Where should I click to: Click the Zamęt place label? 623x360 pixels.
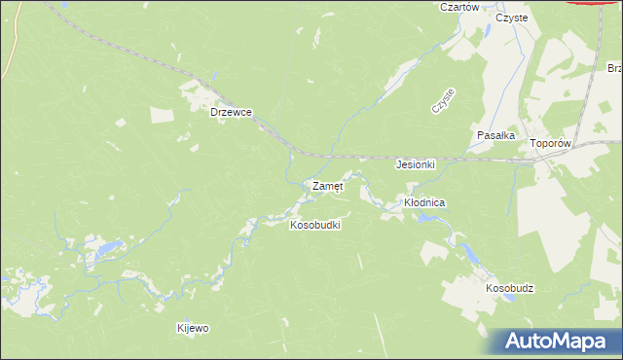click(x=326, y=185)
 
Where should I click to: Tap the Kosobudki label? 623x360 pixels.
click(x=314, y=225)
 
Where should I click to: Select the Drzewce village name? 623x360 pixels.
click(x=232, y=112)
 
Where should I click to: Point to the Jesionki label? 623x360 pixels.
click(x=415, y=164)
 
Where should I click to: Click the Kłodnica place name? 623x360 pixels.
click(x=424, y=202)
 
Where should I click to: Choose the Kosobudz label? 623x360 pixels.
click(x=510, y=289)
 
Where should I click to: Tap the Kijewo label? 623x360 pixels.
click(x=193, y=328)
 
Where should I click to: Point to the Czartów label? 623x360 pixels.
click(x=459, y=7)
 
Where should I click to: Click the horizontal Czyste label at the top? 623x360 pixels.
click(x=511, y=18)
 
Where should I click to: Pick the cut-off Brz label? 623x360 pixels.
click(x=614, y=69)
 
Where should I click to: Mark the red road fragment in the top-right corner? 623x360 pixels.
click(x=596, y=3)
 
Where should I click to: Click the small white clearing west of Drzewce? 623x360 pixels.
click(x=120, y=122)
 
